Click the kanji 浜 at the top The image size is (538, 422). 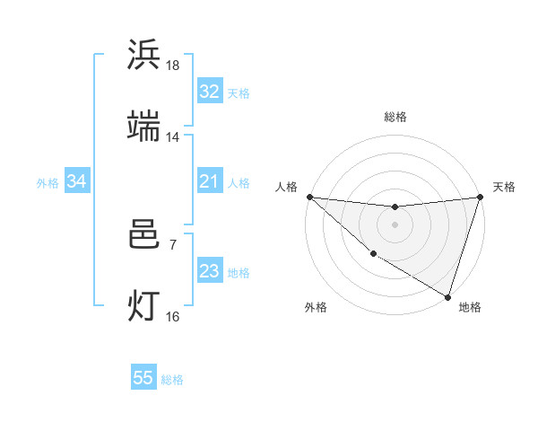(144, 56)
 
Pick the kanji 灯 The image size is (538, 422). (144, 305)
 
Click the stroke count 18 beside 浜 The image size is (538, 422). (173, 66)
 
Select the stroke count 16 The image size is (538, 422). (173, 316)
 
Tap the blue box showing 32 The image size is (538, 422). (209, 92)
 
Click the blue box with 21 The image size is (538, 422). (209, 182)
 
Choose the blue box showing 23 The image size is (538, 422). (209, 272)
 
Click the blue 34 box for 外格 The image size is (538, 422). (76, 182)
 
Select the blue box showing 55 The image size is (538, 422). (143, 378)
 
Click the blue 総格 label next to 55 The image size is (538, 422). (172, 380)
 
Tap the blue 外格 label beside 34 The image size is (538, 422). (48, 183)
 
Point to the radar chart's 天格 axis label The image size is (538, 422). (504, 187)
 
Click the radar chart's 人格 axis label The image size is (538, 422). (286, 187)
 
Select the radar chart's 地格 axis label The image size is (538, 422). (470, 307)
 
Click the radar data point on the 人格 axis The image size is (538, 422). (309, 197)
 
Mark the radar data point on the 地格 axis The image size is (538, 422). (447, 296)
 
